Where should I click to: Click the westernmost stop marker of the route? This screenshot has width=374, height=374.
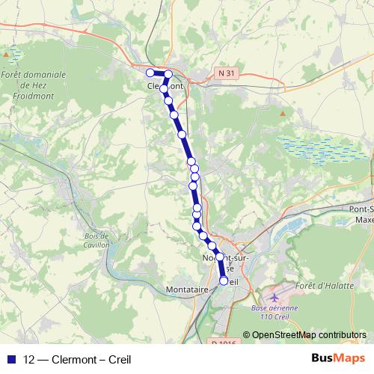click(x=150, y=72)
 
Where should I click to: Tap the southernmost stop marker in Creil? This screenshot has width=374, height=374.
click(x=223, y=280)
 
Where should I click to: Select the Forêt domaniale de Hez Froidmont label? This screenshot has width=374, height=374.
click(x=34, y=85)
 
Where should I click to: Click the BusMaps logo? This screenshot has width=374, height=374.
click(x=338, y=359)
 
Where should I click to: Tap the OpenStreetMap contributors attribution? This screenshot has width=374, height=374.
click(x=309, y=335)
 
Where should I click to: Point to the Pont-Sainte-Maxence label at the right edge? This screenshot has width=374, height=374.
click(x=361, y=214)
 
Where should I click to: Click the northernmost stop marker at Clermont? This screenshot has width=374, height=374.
click(x=169, y=73)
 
